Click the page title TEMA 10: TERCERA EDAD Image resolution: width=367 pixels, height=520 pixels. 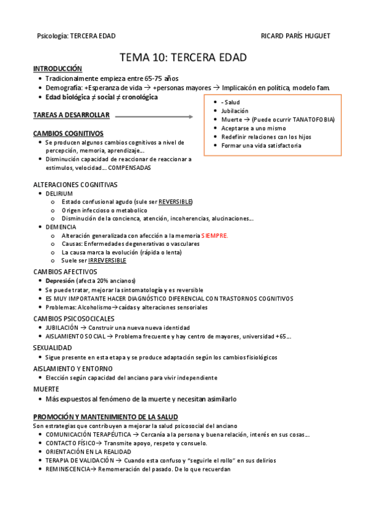[x=183, y=58]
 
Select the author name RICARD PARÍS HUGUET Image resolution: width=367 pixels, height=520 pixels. [x=295, y=36]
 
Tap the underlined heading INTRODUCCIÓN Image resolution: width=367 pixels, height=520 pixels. [x=58, y=69]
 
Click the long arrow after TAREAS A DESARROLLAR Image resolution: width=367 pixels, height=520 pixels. [x=153, y=115]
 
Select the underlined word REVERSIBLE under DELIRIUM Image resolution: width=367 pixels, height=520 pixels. [x=175, y=202]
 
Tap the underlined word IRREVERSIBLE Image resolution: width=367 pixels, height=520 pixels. [x=111, y=260]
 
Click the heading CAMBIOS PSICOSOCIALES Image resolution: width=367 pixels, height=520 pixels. [x=73, y=318]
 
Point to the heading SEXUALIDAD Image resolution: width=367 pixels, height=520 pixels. [x=53, y=347]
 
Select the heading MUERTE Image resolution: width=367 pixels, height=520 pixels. [x=46, y=389]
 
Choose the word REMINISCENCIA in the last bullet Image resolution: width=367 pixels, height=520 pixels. [x=67, y=470]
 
